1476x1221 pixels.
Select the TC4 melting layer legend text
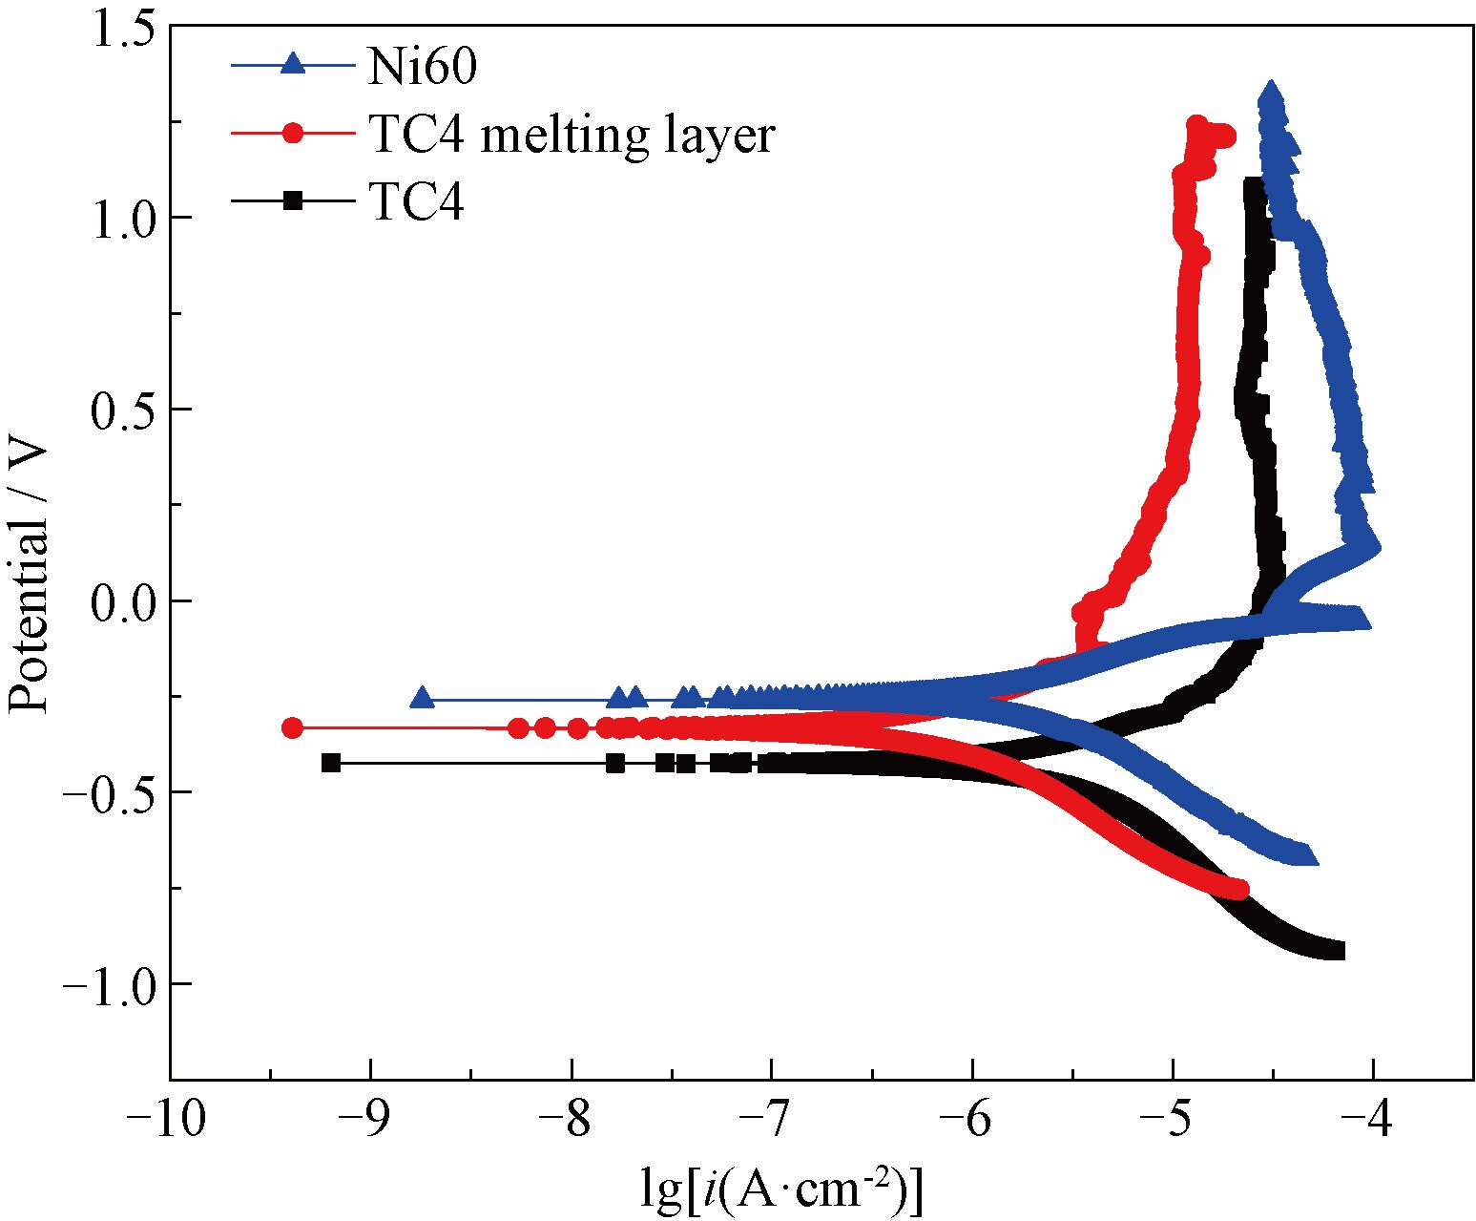click(x=571, y=135)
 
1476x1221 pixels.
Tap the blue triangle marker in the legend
click(x=294, y=65)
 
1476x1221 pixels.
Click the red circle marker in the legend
click(x=294, y=134)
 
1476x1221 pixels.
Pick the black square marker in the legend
click(x=294, y=200)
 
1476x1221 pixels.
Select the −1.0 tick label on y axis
click(x=108, y=984)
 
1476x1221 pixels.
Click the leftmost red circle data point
click(x=293, y=727)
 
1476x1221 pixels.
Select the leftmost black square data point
click(x=331, y=763)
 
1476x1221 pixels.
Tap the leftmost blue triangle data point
click(x=422, y=698)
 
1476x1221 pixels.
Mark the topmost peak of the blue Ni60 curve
click(x=1270, y=92)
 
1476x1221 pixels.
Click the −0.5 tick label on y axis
click(x=108, y=792)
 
